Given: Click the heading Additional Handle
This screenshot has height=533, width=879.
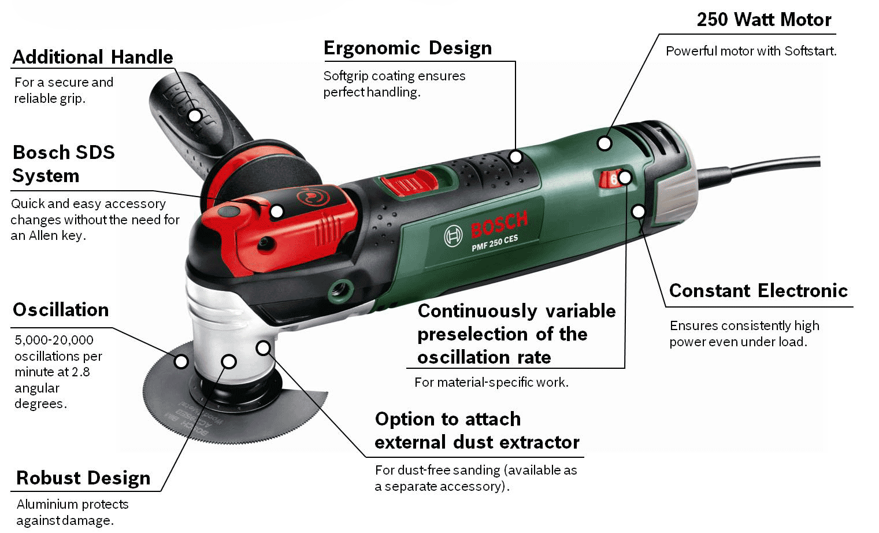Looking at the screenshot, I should coord(92,57).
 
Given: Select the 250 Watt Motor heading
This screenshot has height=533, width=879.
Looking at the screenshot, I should coord(763,20).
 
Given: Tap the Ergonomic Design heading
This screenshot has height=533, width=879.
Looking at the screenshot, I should coord(407,48).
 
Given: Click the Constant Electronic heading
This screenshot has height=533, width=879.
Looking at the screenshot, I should coord(758,290).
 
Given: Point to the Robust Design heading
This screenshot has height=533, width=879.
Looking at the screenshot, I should coord(83,478).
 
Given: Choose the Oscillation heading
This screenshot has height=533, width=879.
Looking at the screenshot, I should coord(61,310).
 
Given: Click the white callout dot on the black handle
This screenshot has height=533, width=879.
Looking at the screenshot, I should coord(195,116).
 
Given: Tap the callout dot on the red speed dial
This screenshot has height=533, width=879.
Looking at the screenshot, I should coord(625,177).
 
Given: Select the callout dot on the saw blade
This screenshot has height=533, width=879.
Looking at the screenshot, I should coord(181,362).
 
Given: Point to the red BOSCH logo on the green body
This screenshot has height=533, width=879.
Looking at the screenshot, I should coord(499,224).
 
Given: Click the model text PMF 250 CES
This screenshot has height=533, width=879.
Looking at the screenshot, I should coord(495,243).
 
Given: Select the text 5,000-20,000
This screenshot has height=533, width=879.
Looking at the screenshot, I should coord(54,340).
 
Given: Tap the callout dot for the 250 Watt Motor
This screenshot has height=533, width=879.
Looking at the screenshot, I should coord(604,143).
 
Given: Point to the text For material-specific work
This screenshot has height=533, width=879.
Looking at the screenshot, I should coord(491,382).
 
